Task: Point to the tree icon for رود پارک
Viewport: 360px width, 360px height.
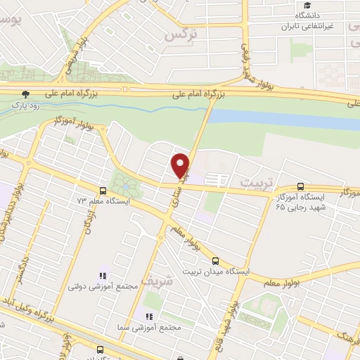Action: tap(26, 94)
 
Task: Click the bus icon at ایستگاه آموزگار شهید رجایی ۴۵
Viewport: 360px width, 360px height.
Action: tap(301, 187)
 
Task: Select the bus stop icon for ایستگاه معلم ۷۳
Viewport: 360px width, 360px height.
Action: tap(103, 191)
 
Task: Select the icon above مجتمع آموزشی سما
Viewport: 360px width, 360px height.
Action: tap(148, 316)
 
